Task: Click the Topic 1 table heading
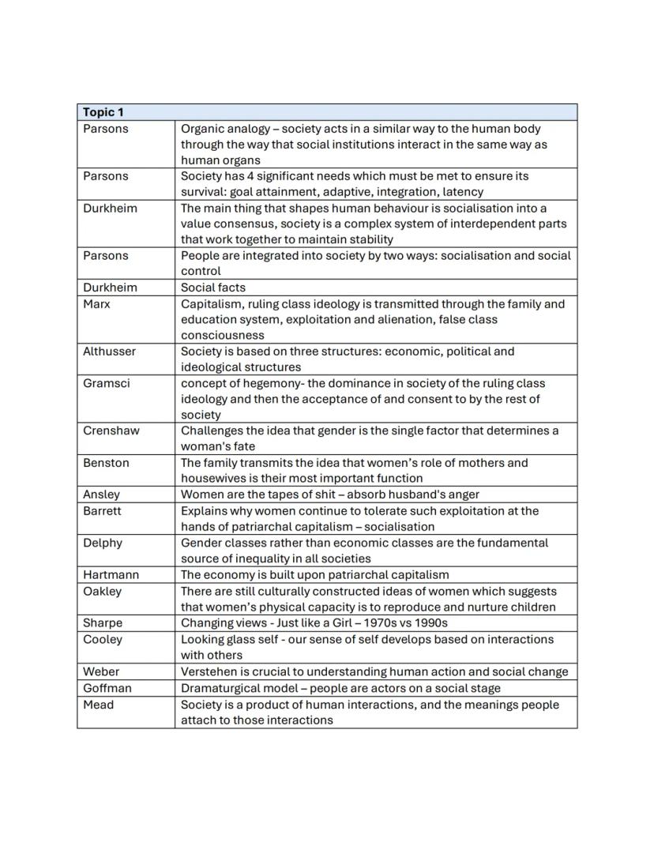pyautogui.click(x=103, y=112)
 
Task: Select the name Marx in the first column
pyautogui.click(x=96, y=304)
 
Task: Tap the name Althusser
pyautogui.click(x=109, y=352)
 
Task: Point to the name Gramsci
pyautogui.click(x=105, y=383)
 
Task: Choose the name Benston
pyautogui.click(x=106, y=463)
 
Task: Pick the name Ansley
pyautogui.click(x=102, y=494)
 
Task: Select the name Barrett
pyautogui.click(x=103, y=511)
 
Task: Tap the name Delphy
pyautogui.click(x=103, y=543)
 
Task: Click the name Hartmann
pyautogui.click(x=110, y=575)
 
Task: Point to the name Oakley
pyautogui.click(x=103, y=592)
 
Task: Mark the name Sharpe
pyautogui.click(x=103, y=623)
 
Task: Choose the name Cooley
pyautogui.click(x=103, y=639)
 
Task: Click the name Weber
pyautogui.click(x=101, y=672)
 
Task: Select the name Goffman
pyautogui.click(x=107, y=688)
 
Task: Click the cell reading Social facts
pyautogui.click(x=213, y=288)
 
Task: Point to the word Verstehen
pyautogui.click(x=211, y=672)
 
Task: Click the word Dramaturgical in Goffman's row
pyautogui.click(x=221, y=688)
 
